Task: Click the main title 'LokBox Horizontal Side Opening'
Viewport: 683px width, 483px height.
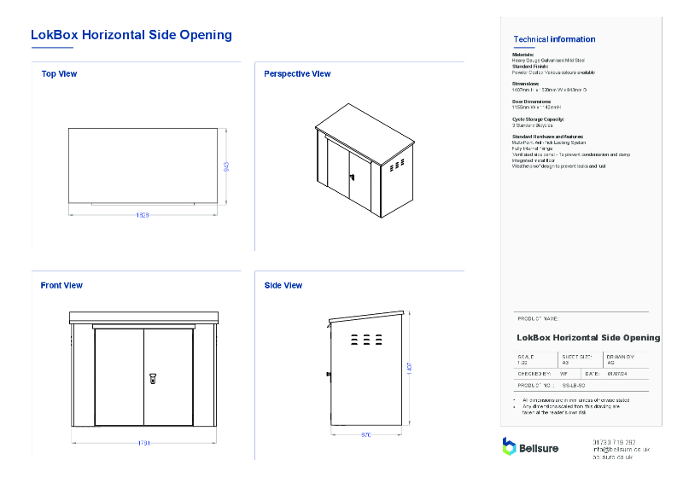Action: (131, 35)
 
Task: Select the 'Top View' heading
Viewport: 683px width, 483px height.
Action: (59, 74)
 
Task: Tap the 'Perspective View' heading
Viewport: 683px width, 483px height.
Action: (297, 74)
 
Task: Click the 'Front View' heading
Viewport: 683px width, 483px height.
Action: (61, 286)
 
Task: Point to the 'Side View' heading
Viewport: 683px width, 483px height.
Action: (283, 286)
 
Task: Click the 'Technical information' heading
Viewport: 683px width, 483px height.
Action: (554, 39)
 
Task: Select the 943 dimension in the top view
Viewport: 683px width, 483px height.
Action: (226, 166)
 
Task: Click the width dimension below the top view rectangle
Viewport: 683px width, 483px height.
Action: (143, 215)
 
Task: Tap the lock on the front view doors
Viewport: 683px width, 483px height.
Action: (152, 375)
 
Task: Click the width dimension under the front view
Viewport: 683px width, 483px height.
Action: (143, 443)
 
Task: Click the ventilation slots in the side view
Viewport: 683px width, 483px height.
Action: (366, 340)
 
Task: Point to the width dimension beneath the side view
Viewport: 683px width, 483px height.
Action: (366, 435)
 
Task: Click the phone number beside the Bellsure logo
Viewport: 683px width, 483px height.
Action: (614, 442)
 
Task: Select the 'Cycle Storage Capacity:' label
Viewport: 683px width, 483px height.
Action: (538, 119)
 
